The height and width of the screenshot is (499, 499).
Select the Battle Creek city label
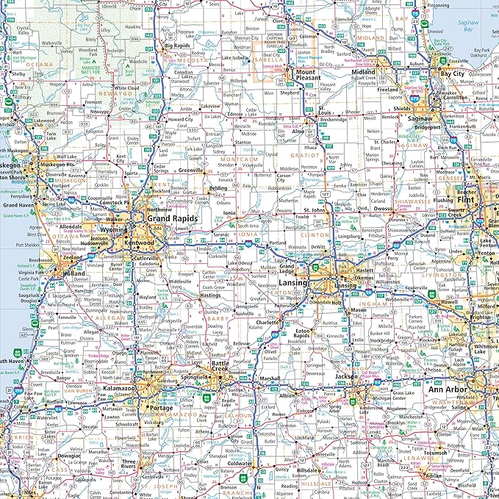pos(221,370)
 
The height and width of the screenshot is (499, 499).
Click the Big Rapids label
pos(177,46)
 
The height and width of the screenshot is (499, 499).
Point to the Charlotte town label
pos(267,322)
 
